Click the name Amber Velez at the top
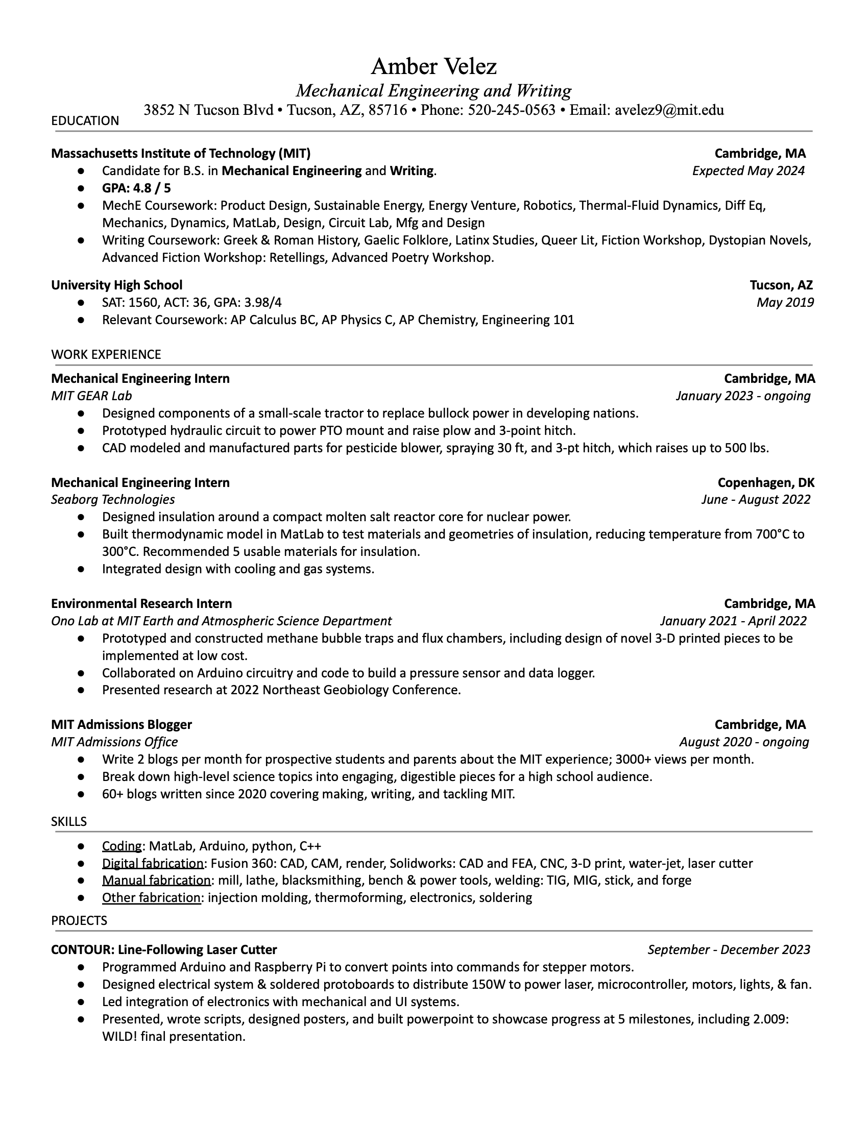click(433, 66)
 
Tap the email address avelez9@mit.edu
click(669, 110)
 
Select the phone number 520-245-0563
click(511, 110)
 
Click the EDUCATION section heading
click(85, 121)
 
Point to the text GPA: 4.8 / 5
click(136, 188)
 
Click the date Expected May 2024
click(748, 170)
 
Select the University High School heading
click(117, 285)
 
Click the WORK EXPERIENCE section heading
click(106, 354)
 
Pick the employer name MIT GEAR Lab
click(91, 396)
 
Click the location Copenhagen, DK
click(766, 482)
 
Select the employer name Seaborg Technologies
click(113, 499)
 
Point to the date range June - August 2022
click(755, 499)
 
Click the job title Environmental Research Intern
click(141, 603)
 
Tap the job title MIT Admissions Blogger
click(122, 724)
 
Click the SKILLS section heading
click(69, 822)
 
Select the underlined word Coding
click(122, 846)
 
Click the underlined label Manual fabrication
click(156, 881)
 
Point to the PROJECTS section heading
click(79, 920)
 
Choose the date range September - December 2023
click(729, 950)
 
